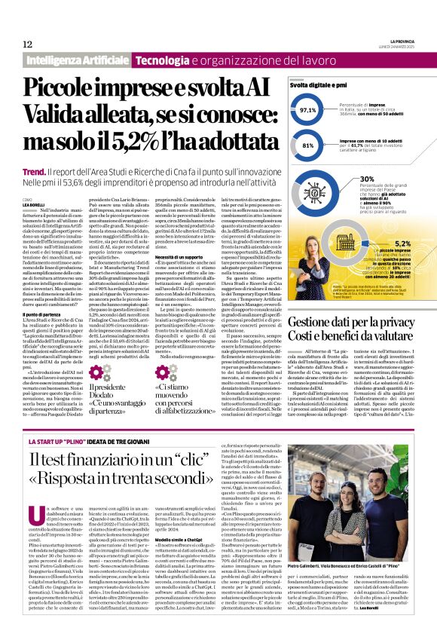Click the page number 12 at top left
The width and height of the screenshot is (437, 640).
click(x=27, y=44)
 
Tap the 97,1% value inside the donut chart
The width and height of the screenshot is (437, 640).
click(x=308, y=110)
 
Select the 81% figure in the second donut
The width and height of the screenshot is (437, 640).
click(x=307, y=145)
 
